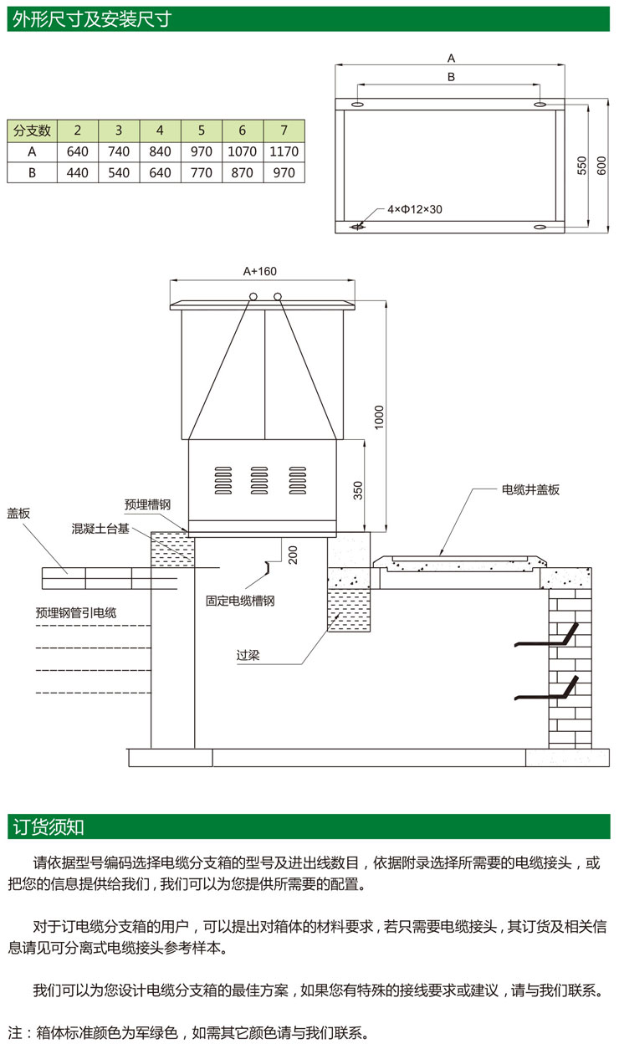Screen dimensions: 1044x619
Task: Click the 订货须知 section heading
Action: [49, 826]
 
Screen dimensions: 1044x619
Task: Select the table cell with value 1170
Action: [284, 151]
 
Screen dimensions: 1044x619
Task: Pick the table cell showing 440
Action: [78, 172]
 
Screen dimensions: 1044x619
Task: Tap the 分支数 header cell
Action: [32, 130]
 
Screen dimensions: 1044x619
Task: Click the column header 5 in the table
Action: [202, 130]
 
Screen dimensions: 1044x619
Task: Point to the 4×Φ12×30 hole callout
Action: [413, 209]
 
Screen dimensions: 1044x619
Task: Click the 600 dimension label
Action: [601, 166]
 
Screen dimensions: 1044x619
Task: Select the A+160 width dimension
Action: [259, 271]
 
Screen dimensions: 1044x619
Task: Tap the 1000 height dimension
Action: [378, 416]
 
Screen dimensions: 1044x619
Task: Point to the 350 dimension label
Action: [358, 490]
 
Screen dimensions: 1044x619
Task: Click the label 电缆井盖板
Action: [529, 489]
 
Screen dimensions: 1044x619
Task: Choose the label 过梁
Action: [248, 655]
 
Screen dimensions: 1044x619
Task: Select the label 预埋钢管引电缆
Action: [76, 612]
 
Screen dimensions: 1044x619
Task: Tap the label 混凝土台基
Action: [100, 529]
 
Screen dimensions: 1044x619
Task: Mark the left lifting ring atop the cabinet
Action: [253, 295]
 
